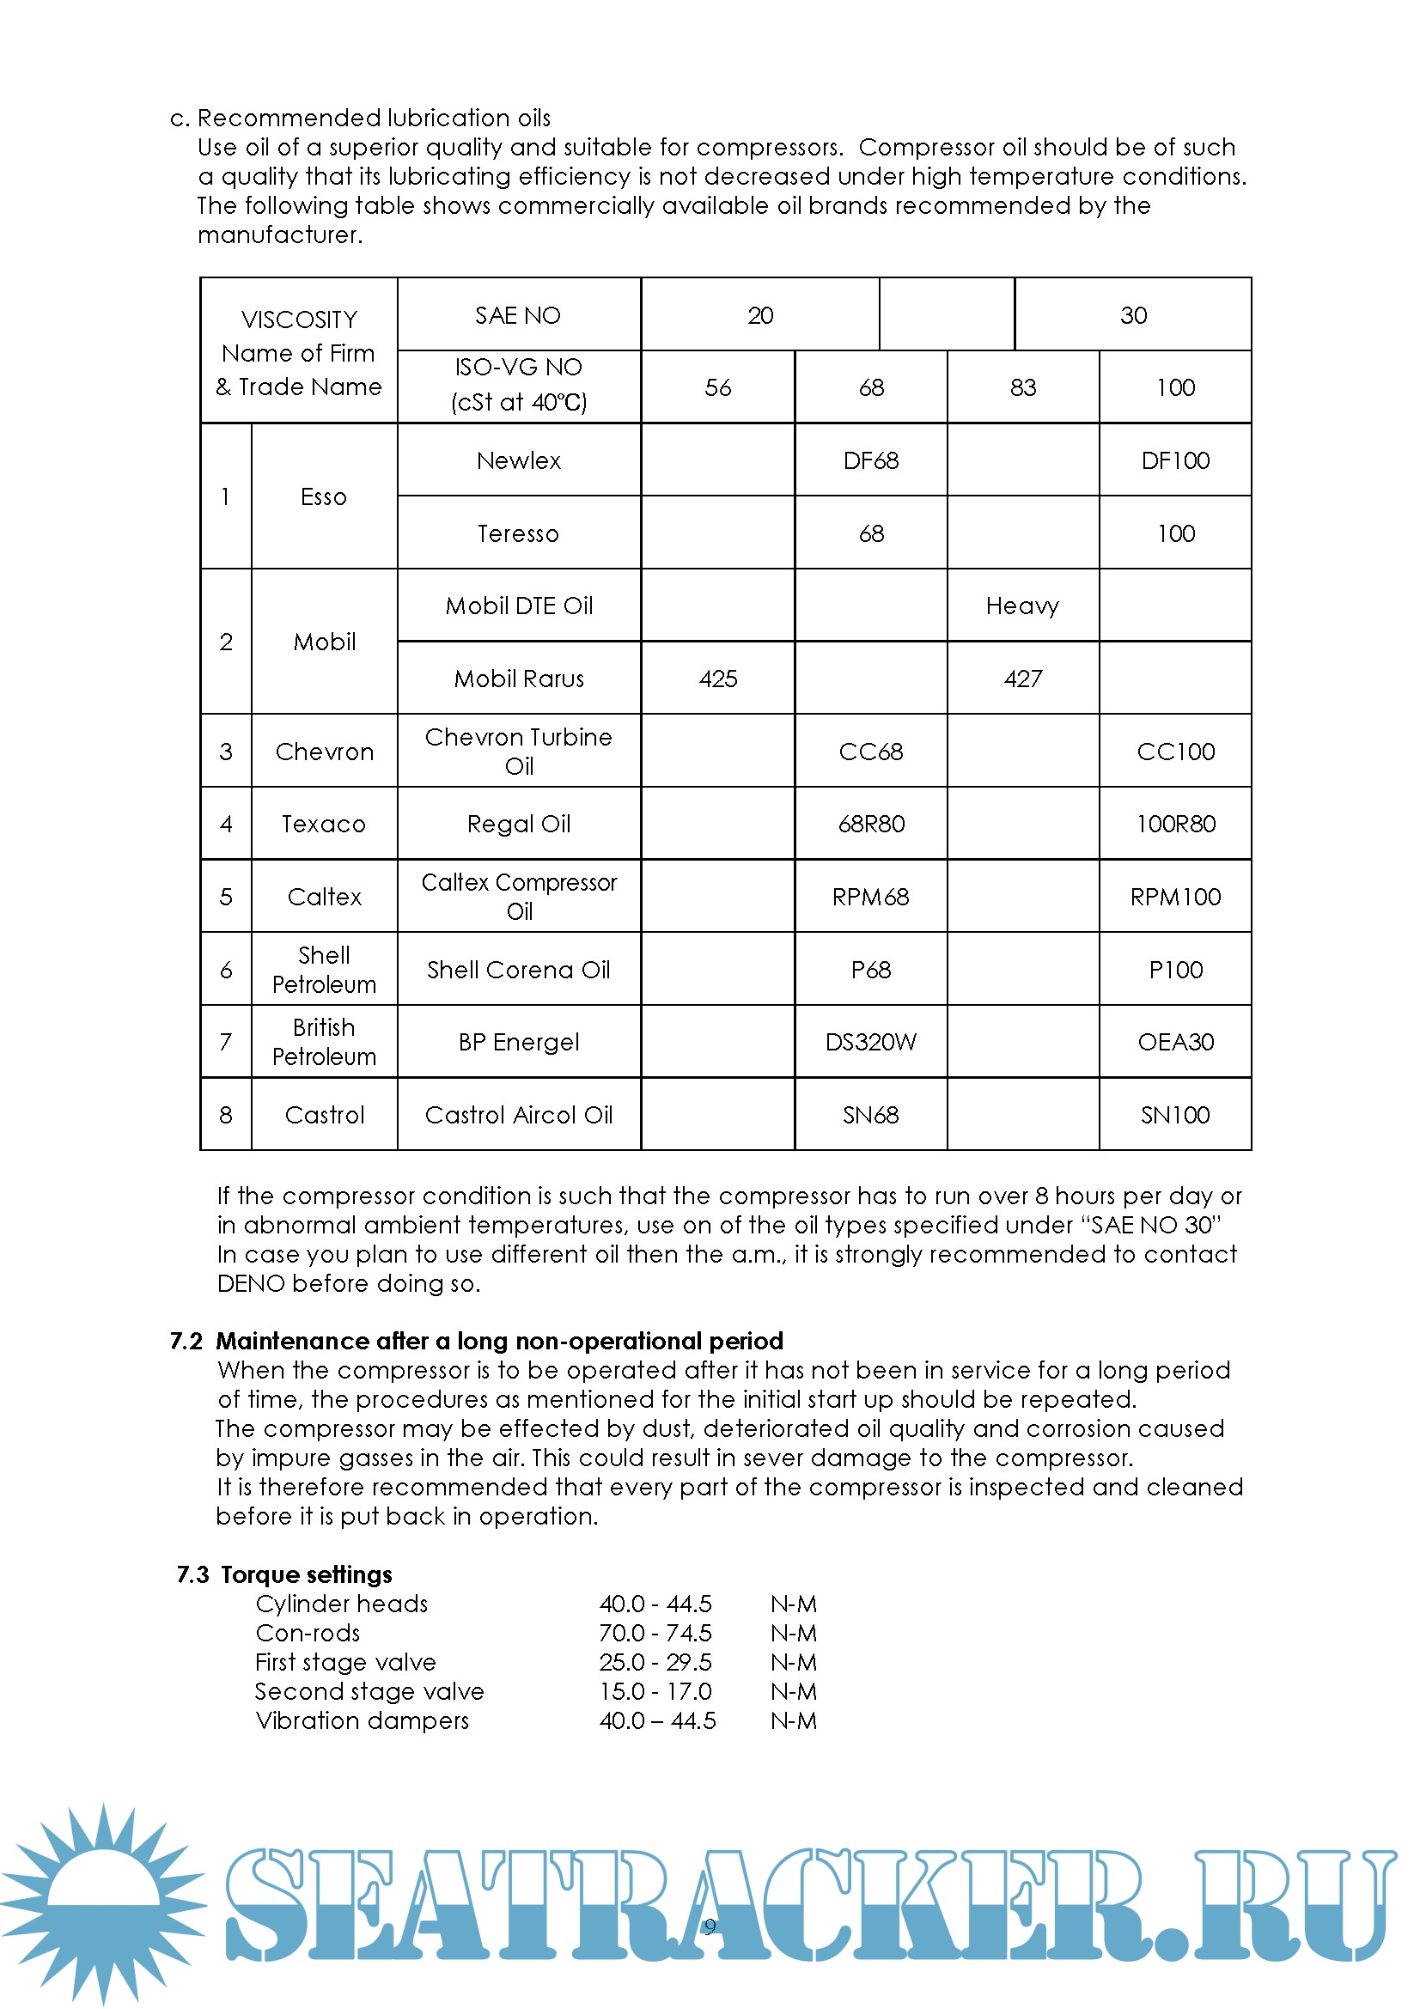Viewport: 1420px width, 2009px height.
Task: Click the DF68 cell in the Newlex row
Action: point(870,460)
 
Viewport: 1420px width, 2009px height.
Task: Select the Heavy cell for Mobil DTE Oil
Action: point(1022,606)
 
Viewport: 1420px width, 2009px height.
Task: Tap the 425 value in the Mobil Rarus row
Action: point(717,679)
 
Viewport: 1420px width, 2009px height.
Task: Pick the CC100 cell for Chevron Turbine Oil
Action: point(1175,752)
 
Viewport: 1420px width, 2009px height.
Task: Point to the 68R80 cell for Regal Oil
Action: point(870,824)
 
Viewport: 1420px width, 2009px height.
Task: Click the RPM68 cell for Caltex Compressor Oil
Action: point(870,897)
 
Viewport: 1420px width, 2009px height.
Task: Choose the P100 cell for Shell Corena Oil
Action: point(1175,970)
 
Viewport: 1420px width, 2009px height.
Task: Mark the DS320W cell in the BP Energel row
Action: point(870,1042)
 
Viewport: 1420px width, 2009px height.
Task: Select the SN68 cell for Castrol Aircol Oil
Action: point(870,1115)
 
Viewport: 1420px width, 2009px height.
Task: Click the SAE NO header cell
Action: point(518,315)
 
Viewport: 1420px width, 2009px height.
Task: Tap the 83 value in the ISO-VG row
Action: point(1022,387)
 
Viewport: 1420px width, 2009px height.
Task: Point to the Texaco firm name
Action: point(324,824)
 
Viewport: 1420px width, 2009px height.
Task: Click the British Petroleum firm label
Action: point(324,1042)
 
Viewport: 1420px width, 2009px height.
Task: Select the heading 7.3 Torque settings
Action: point(284,1574)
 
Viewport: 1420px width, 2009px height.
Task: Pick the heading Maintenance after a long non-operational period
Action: point(499,1341)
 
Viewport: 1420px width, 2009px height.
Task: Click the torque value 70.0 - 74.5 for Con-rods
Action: point(655,1633)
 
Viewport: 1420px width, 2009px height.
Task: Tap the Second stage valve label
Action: point(369,1691)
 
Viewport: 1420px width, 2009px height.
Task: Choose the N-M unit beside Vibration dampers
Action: point(794,1720)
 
